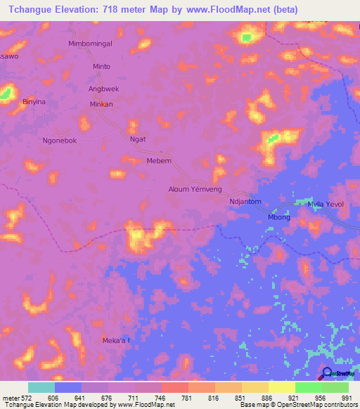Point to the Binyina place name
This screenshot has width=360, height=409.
[34, 102]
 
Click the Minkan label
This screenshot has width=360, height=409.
[101, 104]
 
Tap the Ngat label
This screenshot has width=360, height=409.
[138, 139]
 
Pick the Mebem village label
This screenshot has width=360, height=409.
[158, 161]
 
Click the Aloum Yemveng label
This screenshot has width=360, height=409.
[195, 189]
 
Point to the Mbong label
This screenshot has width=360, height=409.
[279, 216]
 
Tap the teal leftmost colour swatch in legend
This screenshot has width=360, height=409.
[41, 387]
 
